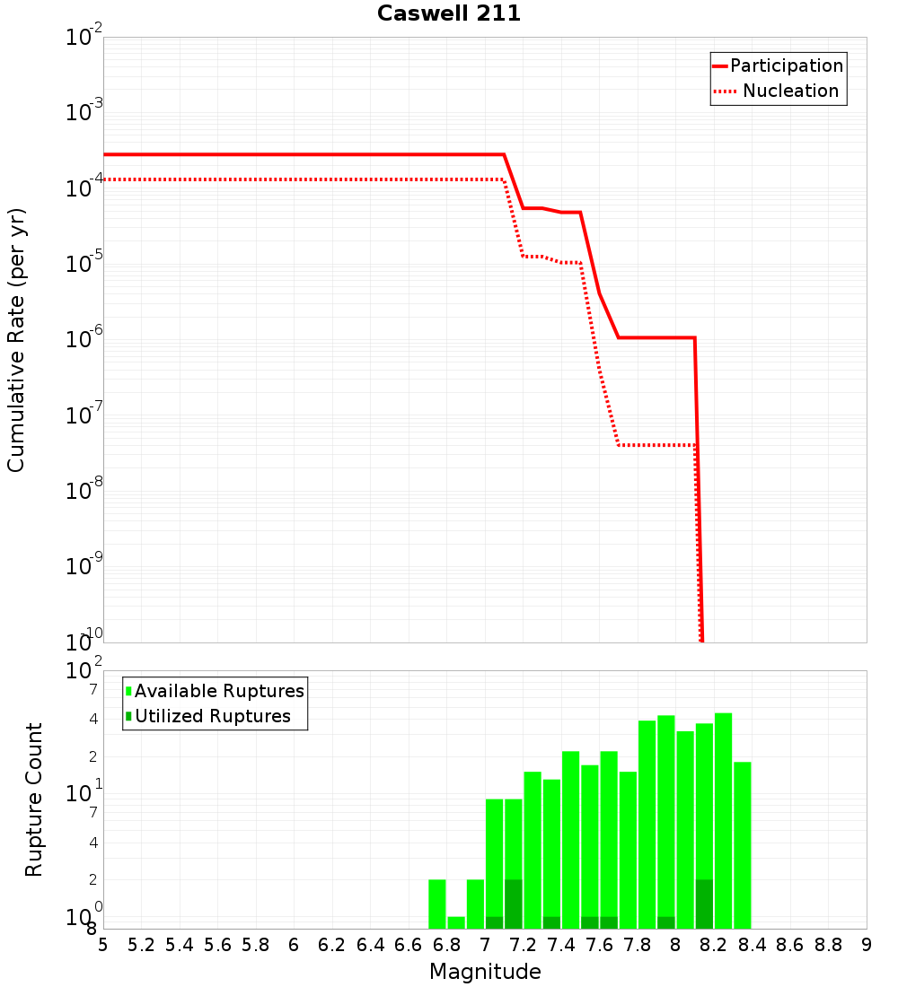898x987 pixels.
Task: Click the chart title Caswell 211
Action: click(x=448, y=13)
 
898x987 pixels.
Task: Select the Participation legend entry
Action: click(x=786, y=66)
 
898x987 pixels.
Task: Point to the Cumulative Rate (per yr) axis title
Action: click(x=16, y=340)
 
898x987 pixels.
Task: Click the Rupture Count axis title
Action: click(x=34, y=799)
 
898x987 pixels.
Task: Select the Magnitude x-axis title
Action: click(x=485, y=972)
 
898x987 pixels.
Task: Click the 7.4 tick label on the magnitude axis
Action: click(x=561, y=945)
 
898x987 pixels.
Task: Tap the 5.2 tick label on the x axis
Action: click(x=141, y=945)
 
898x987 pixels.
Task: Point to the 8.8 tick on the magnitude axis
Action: click(x=828, y=945)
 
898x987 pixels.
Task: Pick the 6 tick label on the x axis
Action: click(x=294, y=945)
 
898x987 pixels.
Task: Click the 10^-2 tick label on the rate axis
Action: click(x=84, y=38)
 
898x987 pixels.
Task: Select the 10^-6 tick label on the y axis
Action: click(x=84, y=340)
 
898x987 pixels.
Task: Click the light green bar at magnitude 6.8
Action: click(x=456, y=922)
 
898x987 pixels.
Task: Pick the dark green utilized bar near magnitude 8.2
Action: click(x=704, y=904)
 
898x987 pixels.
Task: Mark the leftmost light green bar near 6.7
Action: click(x=437, y=904)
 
